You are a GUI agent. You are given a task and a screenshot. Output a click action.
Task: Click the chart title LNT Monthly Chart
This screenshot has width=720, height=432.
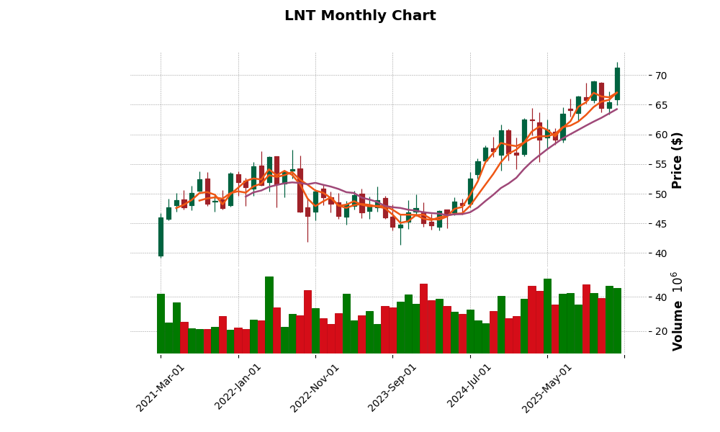point(360,16)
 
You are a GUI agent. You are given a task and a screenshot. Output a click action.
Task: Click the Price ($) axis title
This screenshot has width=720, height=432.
point(678,160)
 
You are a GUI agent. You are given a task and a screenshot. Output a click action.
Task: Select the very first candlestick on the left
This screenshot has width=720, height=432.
point(161,237)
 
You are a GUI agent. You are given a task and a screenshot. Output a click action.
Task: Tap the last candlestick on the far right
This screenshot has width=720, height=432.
point(617,84)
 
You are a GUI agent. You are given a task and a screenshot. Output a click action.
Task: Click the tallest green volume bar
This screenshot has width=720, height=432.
point(269,315)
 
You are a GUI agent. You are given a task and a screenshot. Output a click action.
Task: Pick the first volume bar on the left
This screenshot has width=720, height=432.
point(161,323)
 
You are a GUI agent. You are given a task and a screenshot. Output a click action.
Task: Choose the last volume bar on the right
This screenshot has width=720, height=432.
point(617,320)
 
